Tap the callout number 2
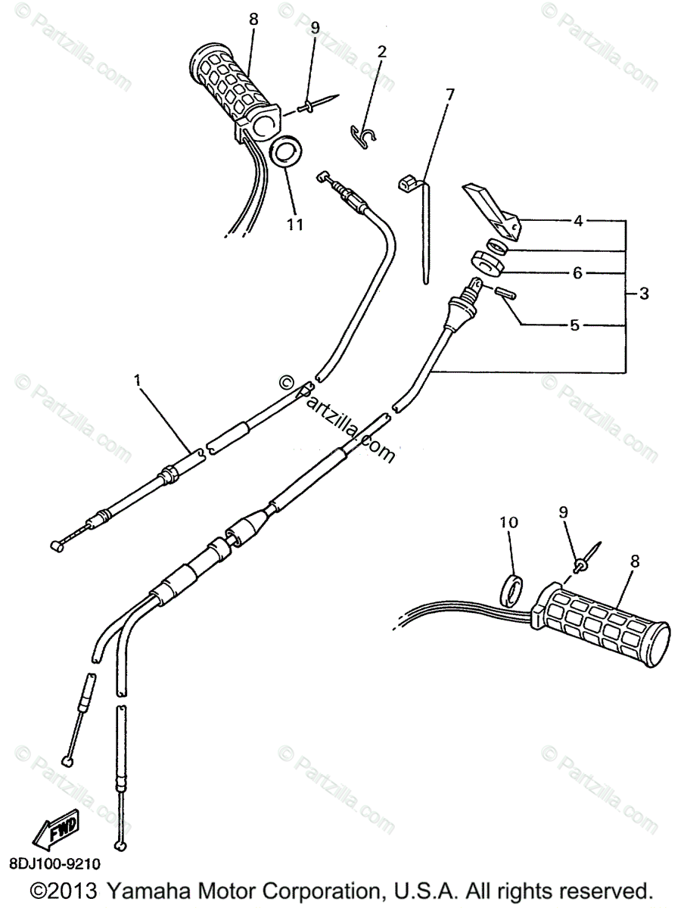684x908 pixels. click(381, 51)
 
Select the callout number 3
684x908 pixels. click(643, 294)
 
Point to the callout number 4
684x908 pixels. click(577, 222)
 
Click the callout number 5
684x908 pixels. click(574, 325)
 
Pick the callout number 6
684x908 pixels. click(577, 273)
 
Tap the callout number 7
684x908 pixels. click(450, 95)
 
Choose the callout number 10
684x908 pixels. click(508, 522)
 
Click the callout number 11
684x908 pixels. click(294, 224)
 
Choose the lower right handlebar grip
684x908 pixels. click(602, 624)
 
